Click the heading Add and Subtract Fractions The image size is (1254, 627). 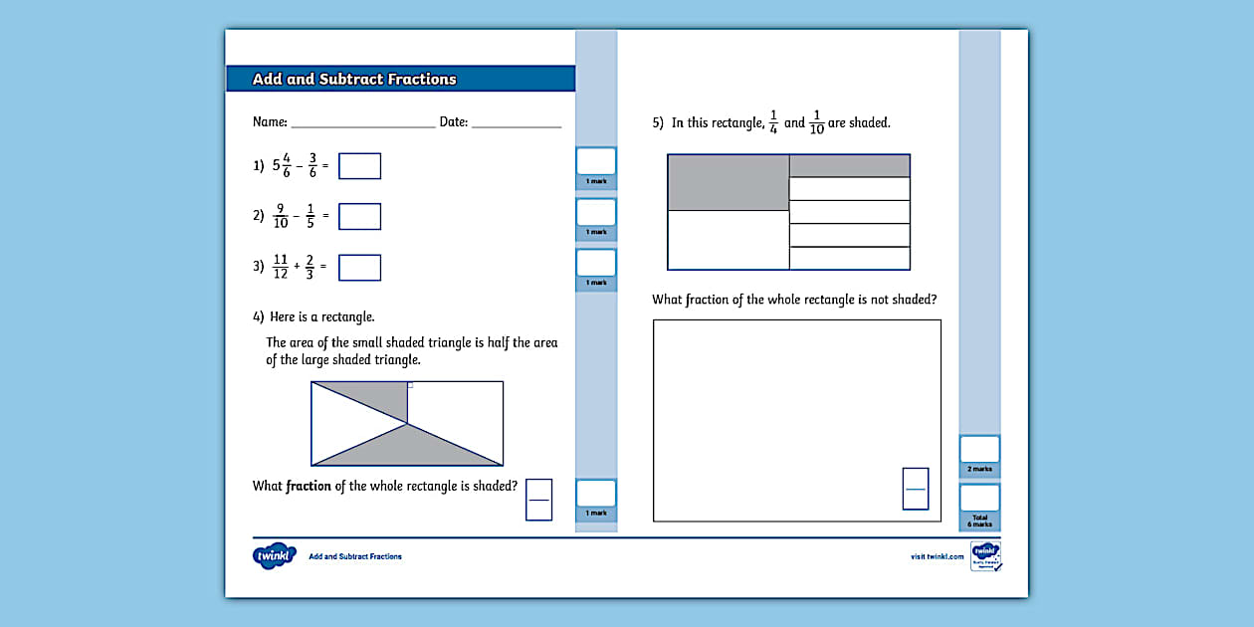tap(354, 80)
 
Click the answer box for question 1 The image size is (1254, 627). tap(359, 166)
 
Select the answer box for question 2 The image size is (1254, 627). tap(359, 216)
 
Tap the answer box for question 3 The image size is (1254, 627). tap(359, 268)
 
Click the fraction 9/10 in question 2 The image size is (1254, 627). tap(281, 216)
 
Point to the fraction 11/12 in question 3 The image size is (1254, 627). tap(281, 267)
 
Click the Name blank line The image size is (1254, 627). tap(362, 123)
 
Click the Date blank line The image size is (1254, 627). tap(516, 123)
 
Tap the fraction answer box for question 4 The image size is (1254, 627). tap(538, 499)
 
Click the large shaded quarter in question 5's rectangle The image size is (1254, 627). tap(728, 182)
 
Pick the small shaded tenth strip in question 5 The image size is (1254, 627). tap(849, 165)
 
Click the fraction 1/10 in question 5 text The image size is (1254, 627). tap(817, 123)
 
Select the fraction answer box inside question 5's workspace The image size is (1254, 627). tap(916, 489)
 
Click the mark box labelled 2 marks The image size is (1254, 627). tap(979, 450)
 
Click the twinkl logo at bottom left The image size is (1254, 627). tap(274, 555)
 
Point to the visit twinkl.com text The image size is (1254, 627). tap(937, 556)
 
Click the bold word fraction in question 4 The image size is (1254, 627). tap(309, 487)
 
